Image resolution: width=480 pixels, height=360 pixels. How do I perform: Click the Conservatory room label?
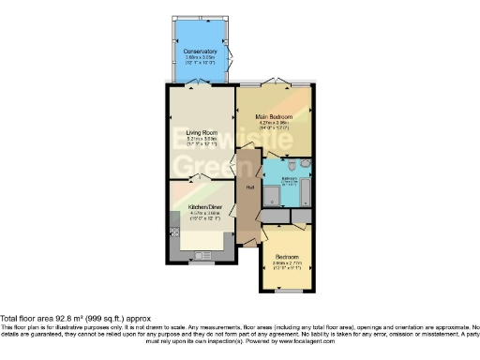(201, 51)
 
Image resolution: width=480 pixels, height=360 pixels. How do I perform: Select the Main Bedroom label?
(277, 116)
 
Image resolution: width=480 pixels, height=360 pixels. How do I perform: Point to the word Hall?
(250, 187)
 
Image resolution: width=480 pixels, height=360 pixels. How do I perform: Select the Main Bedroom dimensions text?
(277, 126)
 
